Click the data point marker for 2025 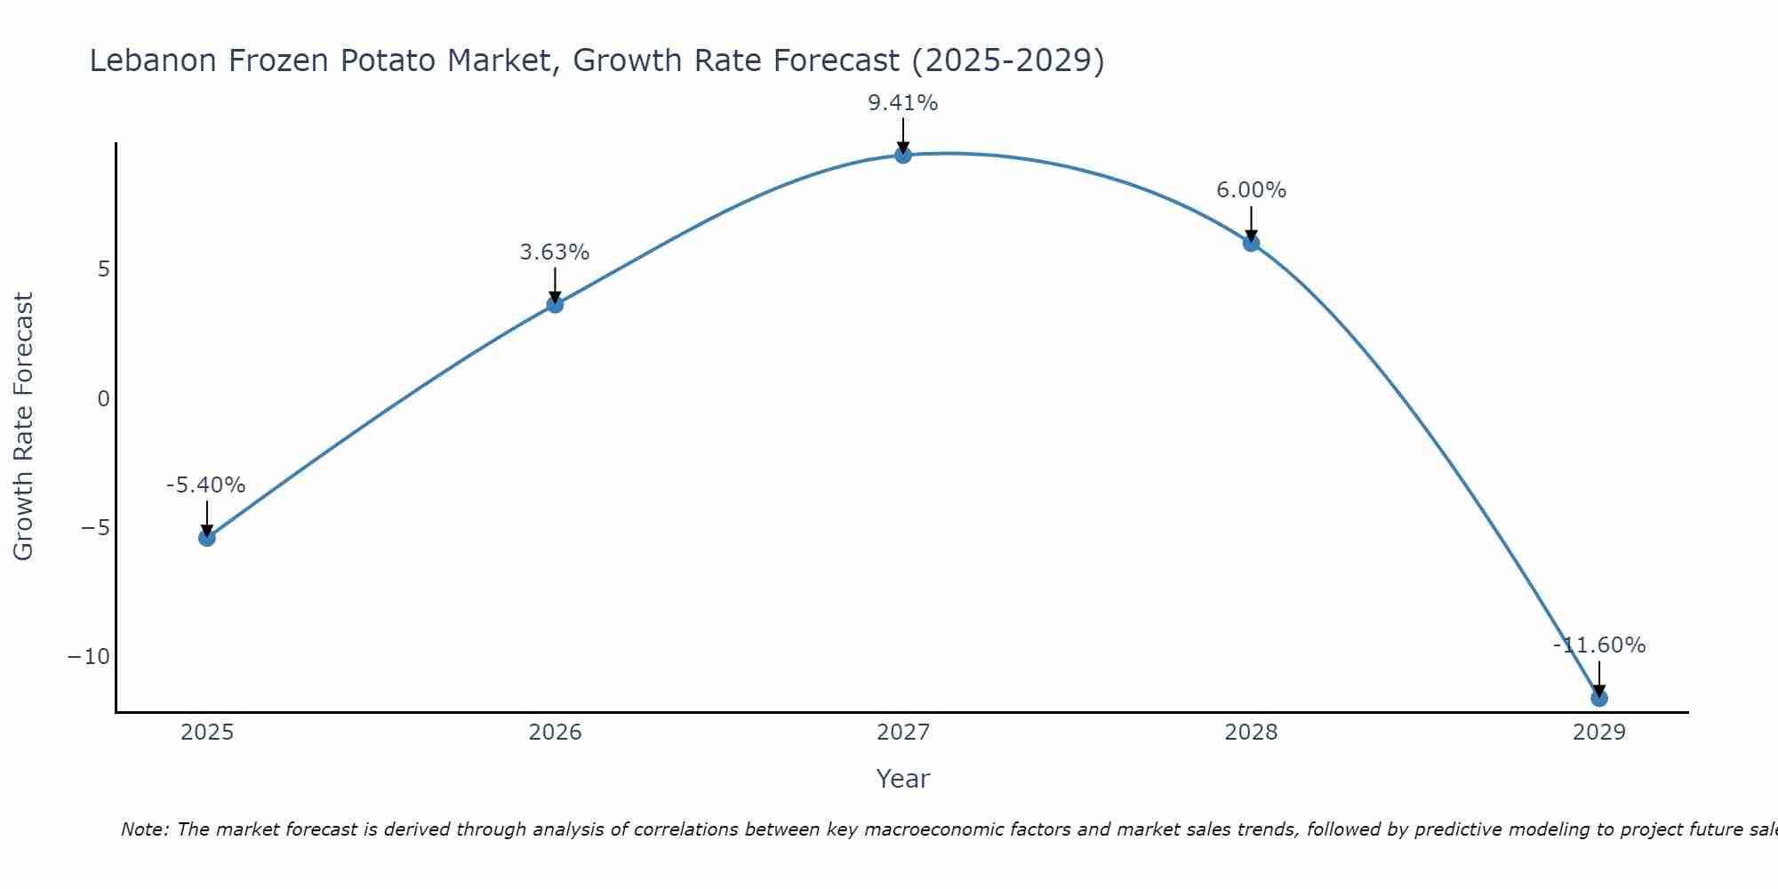(207, 538)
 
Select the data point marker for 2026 (555, 305)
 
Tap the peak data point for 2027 (903, 155)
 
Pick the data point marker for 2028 (1251, 243)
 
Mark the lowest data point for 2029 (1599, 698)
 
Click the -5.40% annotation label (205, 485)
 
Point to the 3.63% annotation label (555, 252)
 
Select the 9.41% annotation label (903, 103)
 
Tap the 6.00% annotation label (1251, 190)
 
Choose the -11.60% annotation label (1599, 645)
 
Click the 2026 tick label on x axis (555, 733)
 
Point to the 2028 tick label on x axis (1251, 733)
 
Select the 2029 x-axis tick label (1599, 733)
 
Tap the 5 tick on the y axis (104, 269)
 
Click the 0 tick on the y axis (104, 399)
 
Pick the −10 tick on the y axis (89, 657)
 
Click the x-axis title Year (903, 779)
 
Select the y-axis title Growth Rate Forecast (24, 427)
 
